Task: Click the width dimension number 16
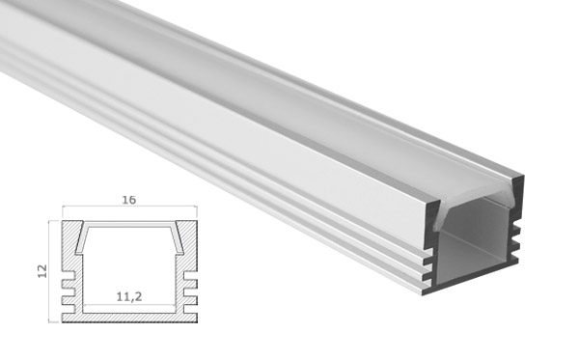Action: (129, 200)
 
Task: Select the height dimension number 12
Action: (42, 271)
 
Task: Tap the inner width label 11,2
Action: (129, 296)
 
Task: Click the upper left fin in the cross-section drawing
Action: (68, 284)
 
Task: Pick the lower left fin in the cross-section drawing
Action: (68, 300)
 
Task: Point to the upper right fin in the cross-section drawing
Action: (190, 284)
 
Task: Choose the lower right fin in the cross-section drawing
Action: (190, 300)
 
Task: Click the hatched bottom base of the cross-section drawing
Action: (129, 318)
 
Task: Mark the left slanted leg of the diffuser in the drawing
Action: (80, 240)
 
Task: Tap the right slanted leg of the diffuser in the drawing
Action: (178, 240)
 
